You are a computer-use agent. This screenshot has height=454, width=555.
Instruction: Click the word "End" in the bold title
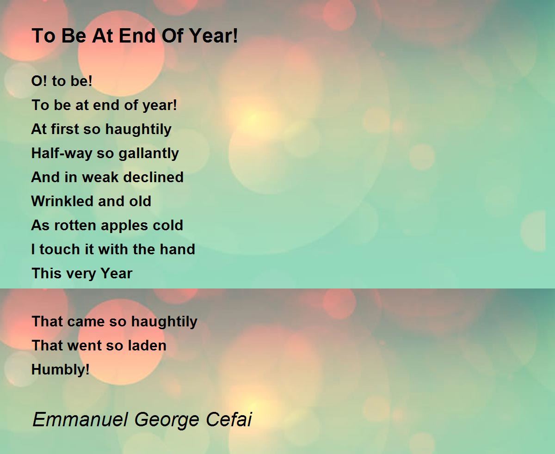[137, 36]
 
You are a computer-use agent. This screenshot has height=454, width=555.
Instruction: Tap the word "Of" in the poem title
[173, 36]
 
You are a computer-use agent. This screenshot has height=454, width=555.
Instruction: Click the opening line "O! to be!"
[62, 81]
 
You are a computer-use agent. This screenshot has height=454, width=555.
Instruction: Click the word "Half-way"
[62, 153]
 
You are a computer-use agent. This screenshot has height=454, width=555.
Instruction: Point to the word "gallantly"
[148, 153]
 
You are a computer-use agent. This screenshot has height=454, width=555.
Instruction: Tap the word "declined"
[154, 177]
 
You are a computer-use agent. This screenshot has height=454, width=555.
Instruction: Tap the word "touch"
[60, 249]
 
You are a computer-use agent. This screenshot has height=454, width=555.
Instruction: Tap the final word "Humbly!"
[60, 369]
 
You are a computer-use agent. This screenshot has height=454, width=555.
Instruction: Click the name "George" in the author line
[166, 420]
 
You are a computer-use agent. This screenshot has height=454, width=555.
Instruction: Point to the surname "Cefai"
[229, 419]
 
